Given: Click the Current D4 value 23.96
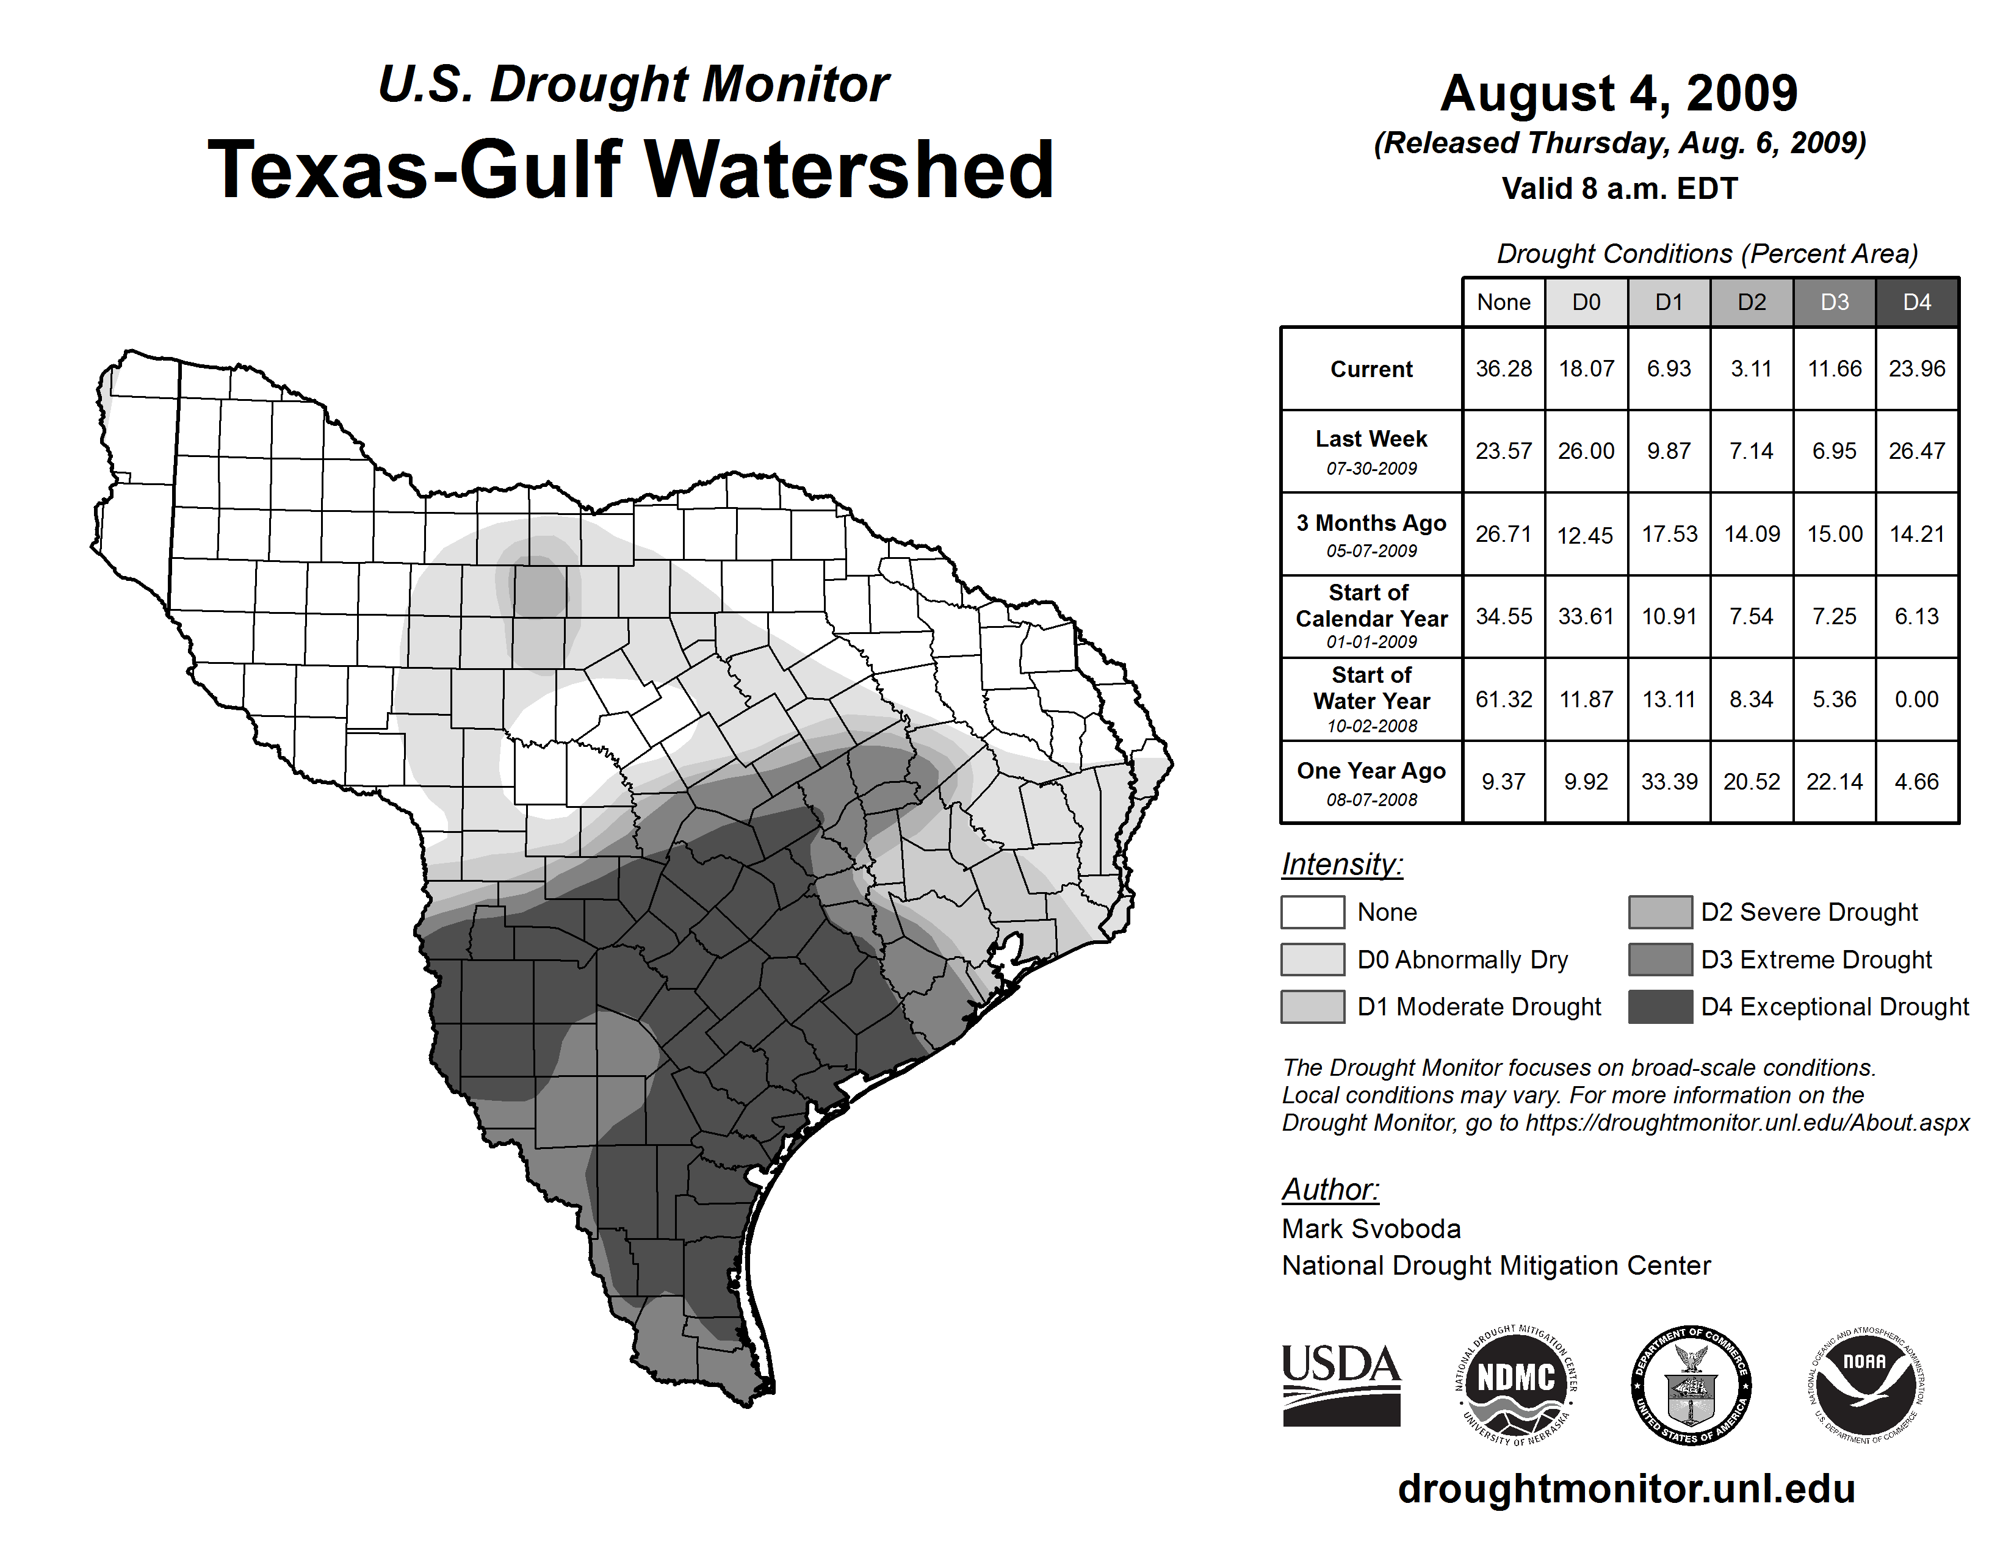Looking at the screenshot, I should pos(1916,369).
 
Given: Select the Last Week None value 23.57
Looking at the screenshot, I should pos(1503,451).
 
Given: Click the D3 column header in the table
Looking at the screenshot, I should pos(1834,302).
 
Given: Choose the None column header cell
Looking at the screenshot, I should pos(1503,302).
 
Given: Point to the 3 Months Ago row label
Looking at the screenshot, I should pos(1371,534).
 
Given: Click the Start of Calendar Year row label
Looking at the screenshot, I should pos(1371,616).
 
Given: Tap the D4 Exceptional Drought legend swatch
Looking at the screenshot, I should pos(1660,1007).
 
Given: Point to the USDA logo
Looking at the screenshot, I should pos(1341,1385).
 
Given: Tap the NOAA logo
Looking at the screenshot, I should pos(1864,1385).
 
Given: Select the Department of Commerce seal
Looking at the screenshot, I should pos(1691,1385).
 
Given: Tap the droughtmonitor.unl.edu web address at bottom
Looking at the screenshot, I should pos(1626,1489).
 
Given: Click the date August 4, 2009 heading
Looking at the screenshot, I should pos(1619,93).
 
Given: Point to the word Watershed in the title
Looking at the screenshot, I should pos(848,170).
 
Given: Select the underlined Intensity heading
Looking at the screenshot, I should pos(1341,865).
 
